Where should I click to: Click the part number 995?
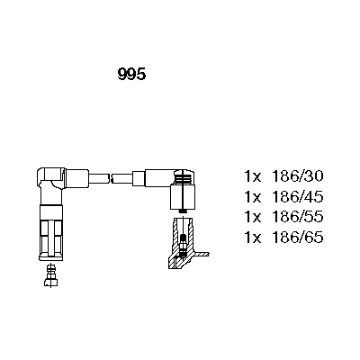click(x=131, y=74)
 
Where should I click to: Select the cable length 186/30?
click(x=297, y=176)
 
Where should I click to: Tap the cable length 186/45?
click(x=297, y=197)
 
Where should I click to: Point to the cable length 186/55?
click(x=297, y=217)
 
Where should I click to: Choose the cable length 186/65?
click(x=297, y=238)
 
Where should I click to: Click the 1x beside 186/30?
click(x=253, y=176)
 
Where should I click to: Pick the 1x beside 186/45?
click(x=253, y=197)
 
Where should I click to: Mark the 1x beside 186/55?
click(x=253, y=217)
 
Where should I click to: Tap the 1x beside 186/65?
click(x=253, y=238)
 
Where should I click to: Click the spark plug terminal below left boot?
click(x=51, y=275)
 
